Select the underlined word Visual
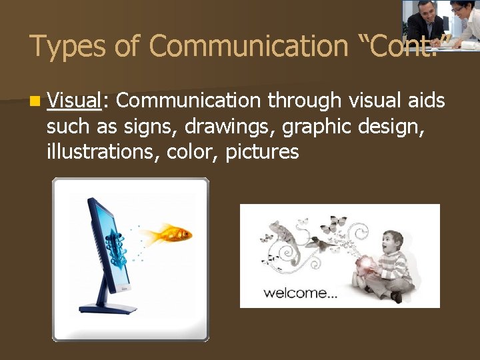pyautogui.click(x=73, y=101)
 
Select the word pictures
pyautogui.click(x=262, y=152)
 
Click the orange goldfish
pyautogui.click(x=170, y=235)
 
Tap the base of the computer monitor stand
pyautogui.click(x=107, y=309)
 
